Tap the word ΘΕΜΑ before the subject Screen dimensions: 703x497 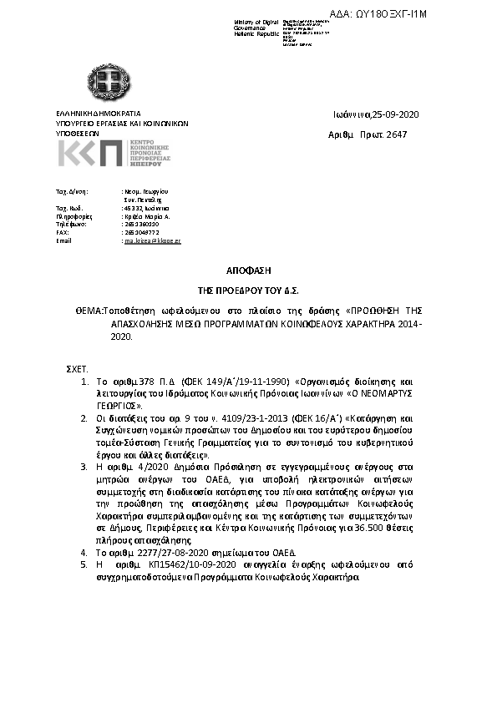[x=86, y=310]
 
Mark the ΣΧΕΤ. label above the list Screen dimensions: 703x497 [x=77, y=367]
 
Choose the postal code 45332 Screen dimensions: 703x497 [x=132, y=207]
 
